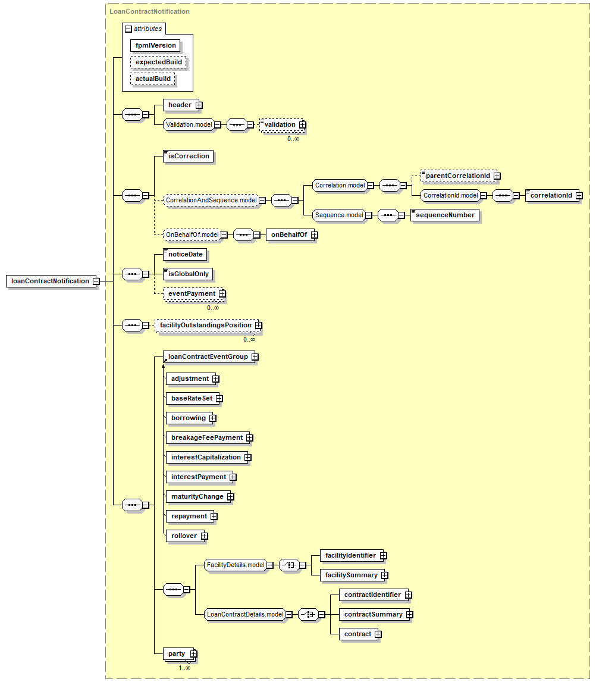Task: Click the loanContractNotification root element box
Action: tap(51, 281)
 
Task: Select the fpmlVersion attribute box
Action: tap(155, 45)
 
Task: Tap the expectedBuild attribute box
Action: tap(158, 62)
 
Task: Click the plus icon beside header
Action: tap(199, 105)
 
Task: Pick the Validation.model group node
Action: tap(189, 125)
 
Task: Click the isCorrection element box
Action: tap(188, 156)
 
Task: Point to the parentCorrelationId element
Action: tap(458, 176)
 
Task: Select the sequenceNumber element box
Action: tap(445, 215)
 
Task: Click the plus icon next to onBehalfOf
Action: tap(314, 235)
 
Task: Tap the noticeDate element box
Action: tap(185, 255)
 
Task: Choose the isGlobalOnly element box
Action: tap(188, 274)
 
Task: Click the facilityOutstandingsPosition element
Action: tap(207, 326)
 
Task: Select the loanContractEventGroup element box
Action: tap(209, 356)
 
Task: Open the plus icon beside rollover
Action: tap(205, 536)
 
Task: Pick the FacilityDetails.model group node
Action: tap(235, 565)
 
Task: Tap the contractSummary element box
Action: tap(374, 615)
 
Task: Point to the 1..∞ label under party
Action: tap(184, 668)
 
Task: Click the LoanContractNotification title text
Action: tap(149, 11)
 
